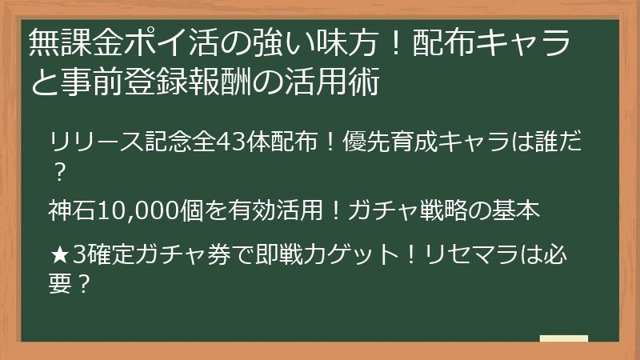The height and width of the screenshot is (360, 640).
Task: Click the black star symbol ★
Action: [59, 256]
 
